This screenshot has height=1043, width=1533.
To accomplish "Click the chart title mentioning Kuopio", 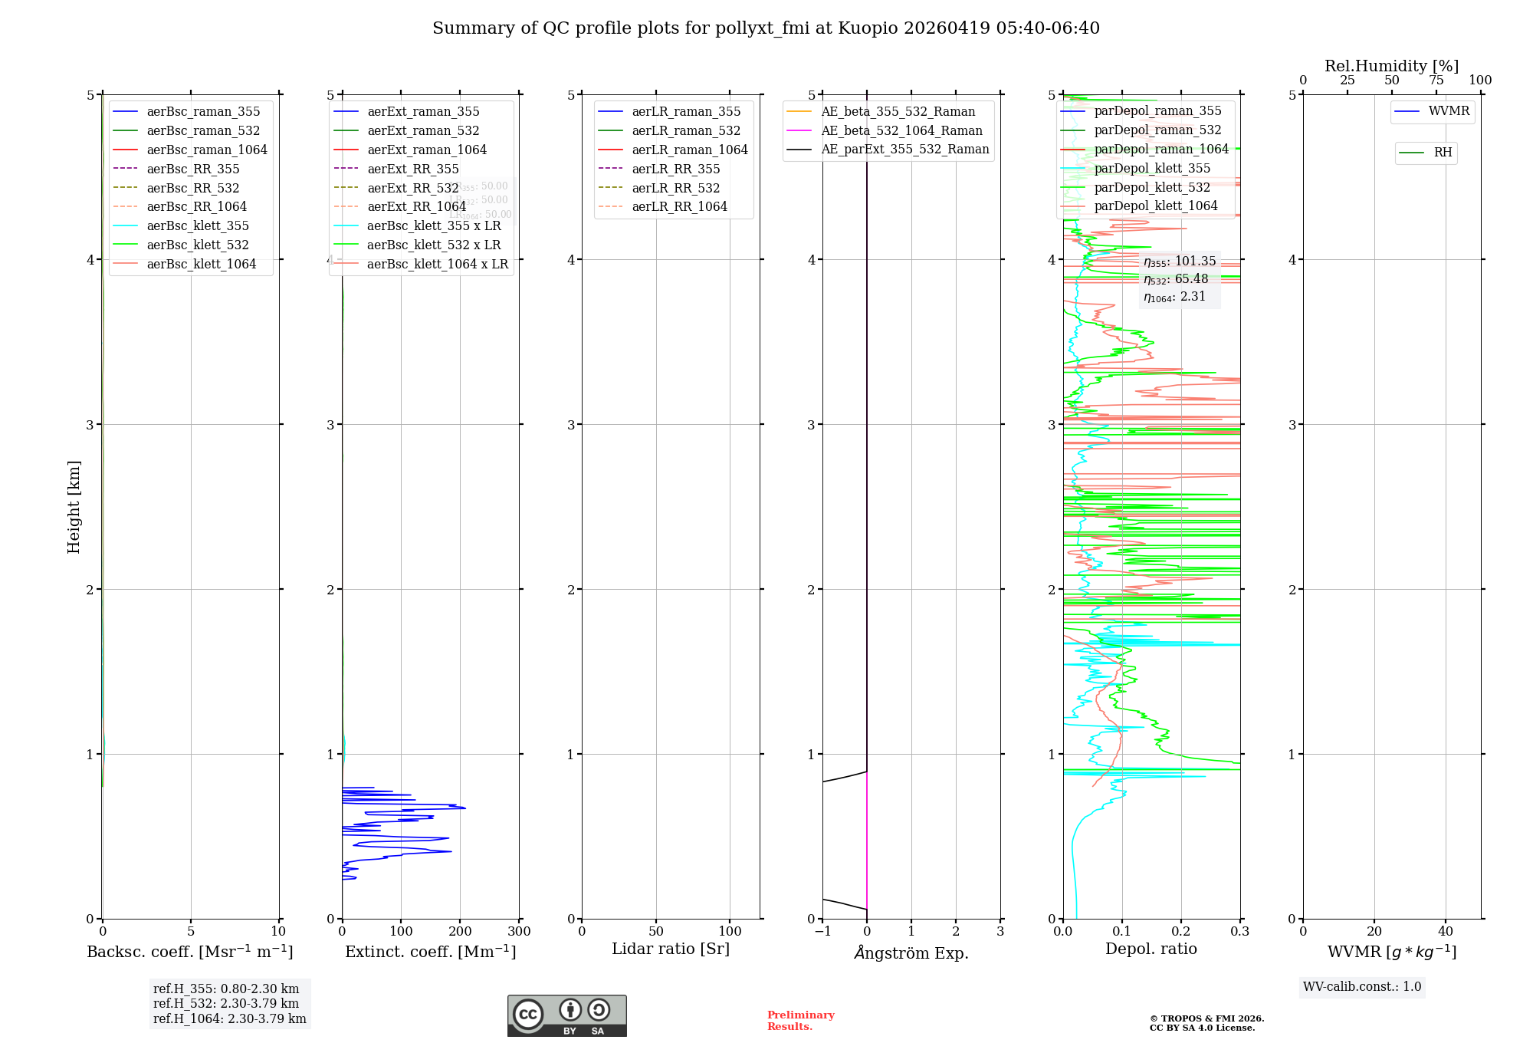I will [x=766, y=28].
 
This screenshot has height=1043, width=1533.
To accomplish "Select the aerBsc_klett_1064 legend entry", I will [x=201, y=264].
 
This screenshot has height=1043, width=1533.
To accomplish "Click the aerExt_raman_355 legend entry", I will [x=423, y=111].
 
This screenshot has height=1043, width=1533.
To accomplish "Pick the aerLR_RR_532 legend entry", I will [x=675, y=188].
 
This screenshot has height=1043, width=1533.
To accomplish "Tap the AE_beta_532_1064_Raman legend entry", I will [x=901, y=130].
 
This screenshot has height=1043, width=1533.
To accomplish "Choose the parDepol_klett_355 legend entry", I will [x=1152, y=168].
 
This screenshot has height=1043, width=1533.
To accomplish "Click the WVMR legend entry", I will [x=1449, y=111].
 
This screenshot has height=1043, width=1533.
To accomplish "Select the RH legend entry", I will [x=1443, y=153].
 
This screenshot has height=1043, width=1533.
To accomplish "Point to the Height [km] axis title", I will [x=74, y=506].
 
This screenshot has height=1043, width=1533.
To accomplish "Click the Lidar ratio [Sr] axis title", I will [x=671, y=949].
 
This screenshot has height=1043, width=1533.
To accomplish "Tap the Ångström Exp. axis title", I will [x=911, y=953].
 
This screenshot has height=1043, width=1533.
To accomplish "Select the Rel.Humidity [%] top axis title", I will [x=1391, y=66].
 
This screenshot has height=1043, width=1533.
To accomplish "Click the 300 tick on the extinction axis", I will [x=519, y=931].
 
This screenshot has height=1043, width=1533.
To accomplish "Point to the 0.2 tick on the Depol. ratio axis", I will [x=1181, y=931].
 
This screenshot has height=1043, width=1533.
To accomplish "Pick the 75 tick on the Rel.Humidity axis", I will [x=1436, y=80].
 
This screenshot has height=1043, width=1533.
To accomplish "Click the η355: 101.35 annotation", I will [x=1179, y=262].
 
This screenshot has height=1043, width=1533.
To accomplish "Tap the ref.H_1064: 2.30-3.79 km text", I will [x=229, y=1018].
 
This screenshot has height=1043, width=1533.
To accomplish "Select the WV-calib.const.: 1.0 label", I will [x=1362, y=986].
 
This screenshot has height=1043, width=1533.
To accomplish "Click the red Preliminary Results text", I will [x=800, y=1020].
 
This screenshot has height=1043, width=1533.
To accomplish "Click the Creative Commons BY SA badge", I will [x=566, y=1015].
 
